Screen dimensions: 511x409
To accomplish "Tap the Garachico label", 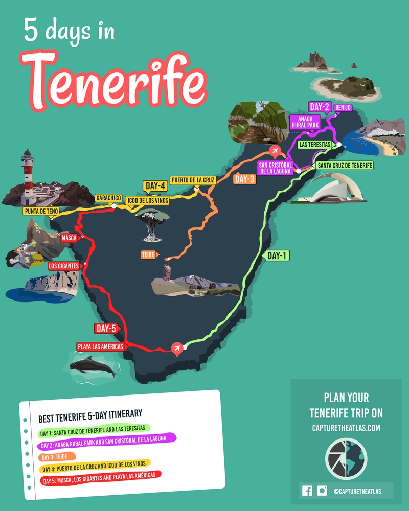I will tap(109, 198).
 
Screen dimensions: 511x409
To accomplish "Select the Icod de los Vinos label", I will tap(147, 201).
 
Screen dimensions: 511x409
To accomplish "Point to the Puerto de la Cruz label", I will tap(193, 180).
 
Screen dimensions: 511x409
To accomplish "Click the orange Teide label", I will tap(149, 254).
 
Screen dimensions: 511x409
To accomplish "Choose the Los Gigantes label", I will tap(64, 266).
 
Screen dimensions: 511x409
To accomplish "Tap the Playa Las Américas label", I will tap(101, 346).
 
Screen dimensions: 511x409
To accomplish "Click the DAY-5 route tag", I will tap(106, 328).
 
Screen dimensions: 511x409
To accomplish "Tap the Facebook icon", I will tap(307, 491).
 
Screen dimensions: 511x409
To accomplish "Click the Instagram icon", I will tap(322, 491).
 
